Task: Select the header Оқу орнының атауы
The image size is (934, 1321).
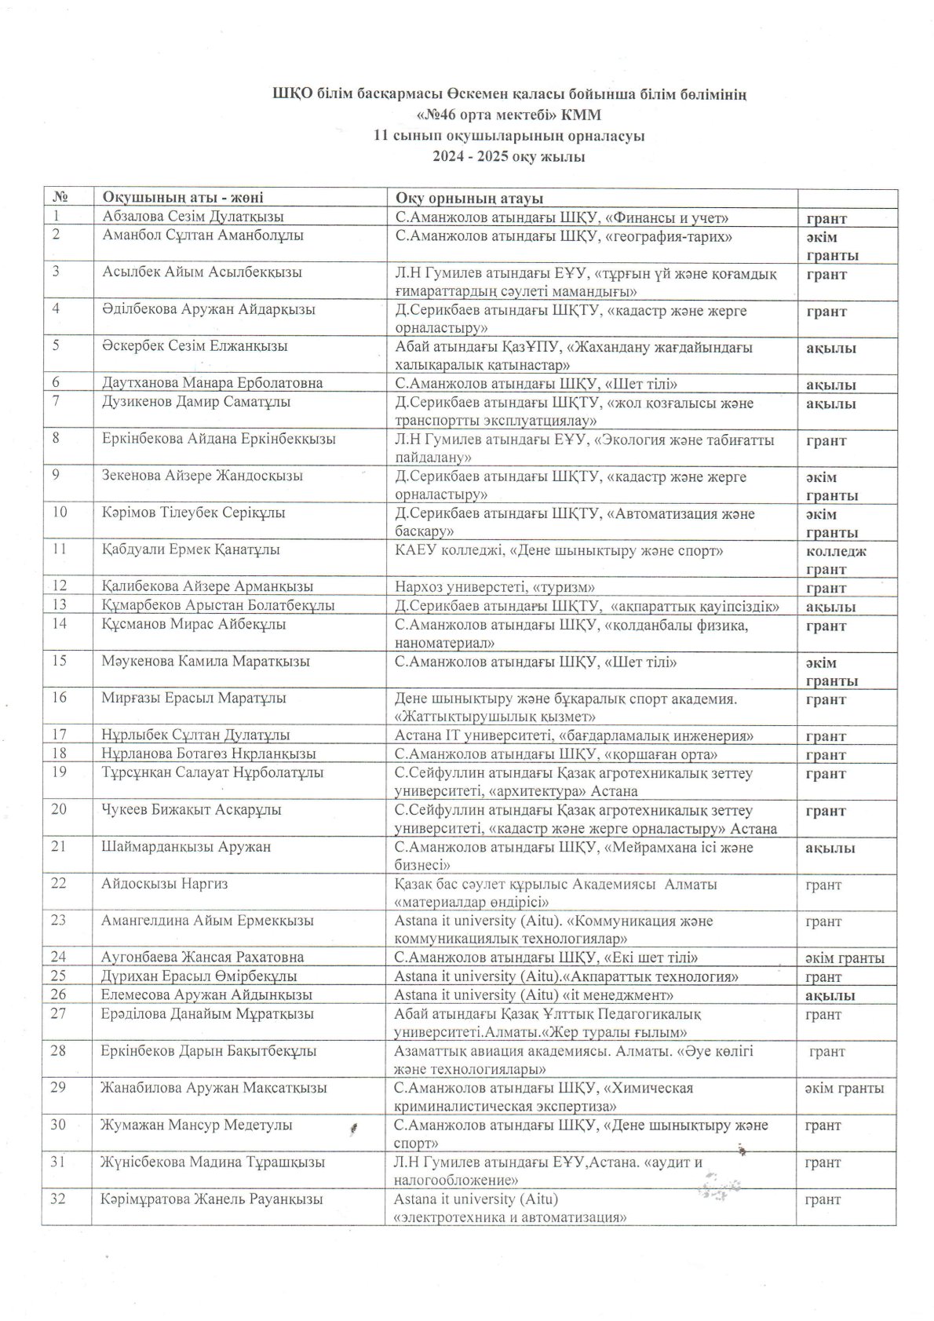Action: tap(469, 198)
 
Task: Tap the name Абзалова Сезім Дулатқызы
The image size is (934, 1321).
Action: tap(192, 217)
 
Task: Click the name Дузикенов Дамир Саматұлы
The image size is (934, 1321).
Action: tap(196, 402)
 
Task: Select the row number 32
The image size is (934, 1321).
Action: tap(60, 1199)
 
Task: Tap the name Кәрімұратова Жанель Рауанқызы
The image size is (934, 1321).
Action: tap(211, 1199)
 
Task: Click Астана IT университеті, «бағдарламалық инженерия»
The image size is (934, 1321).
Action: tap(575, 735)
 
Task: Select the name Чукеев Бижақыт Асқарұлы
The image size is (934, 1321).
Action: tap(192, 809)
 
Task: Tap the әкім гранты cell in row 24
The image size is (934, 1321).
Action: tap(845, 958)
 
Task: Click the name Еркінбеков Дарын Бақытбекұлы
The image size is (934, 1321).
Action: tap(209, 1051)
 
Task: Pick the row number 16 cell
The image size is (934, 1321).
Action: tap(60, 698)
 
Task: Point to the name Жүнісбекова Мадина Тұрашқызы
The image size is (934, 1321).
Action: tap(213, 1162)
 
